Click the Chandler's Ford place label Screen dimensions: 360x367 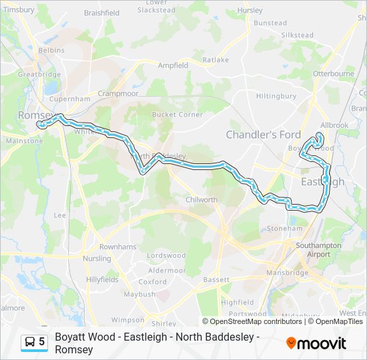click(x=263, y=135)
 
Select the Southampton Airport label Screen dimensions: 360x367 click(x=318, y=250)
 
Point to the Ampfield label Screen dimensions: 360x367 click(x=173, y=65)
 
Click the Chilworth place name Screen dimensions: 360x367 click(x=202, y=199)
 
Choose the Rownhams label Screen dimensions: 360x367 click(x=117, y=247)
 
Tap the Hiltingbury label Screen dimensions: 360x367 click(x=276, y=96)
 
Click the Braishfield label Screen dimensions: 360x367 click(x=101, y=13)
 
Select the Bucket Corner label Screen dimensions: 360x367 click(x=177, y=114)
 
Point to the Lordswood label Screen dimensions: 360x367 click(x=166, y=255)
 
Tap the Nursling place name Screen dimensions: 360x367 click(x=97, y=258)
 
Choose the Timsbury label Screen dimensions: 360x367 click(x=18, y=10)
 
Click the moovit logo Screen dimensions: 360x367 click(x=316, y=343)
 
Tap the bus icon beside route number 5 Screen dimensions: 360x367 click(x=30, y=342)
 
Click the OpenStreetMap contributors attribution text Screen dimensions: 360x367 click(x=256, y=321)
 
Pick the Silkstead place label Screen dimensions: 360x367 click(x=297, y=35)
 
